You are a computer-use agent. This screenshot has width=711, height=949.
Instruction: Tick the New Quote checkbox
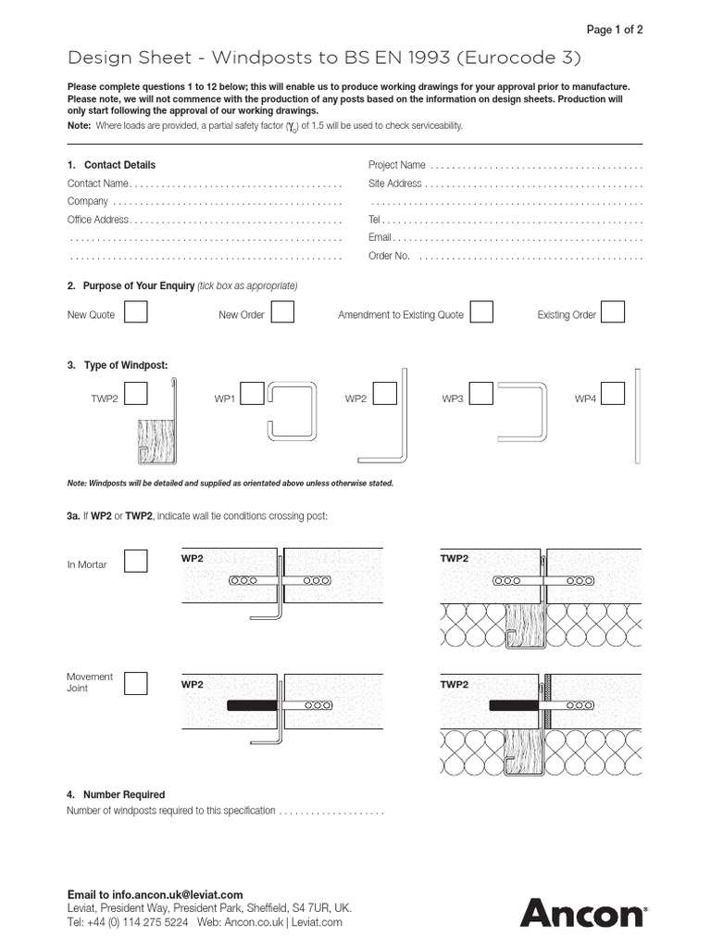(136, 312)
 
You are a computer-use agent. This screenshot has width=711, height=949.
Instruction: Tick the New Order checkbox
(282, 312)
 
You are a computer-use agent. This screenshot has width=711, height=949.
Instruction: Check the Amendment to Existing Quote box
(481, 312)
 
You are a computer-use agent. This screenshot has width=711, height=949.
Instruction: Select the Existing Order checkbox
(613, 312)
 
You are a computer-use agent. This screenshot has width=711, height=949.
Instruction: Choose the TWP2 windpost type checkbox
(136, 396)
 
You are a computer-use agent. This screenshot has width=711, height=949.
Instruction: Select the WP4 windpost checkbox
(613, 396)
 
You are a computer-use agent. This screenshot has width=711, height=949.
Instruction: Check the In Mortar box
(136, 562)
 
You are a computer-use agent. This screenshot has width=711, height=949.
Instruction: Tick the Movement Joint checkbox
(136, 684)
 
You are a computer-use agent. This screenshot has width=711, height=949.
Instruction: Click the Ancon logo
(582, 912)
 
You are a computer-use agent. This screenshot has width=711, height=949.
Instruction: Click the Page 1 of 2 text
(615, 30)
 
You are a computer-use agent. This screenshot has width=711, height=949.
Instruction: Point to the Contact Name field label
(97, 183)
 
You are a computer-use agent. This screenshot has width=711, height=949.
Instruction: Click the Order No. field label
(389, 256)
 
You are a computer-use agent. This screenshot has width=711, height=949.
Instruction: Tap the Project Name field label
(397, 165)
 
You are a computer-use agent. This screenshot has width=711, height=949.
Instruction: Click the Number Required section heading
(123, 794)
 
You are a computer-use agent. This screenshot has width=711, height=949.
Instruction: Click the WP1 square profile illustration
(293, 413)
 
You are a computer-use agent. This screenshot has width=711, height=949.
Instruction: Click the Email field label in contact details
(380, 237)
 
